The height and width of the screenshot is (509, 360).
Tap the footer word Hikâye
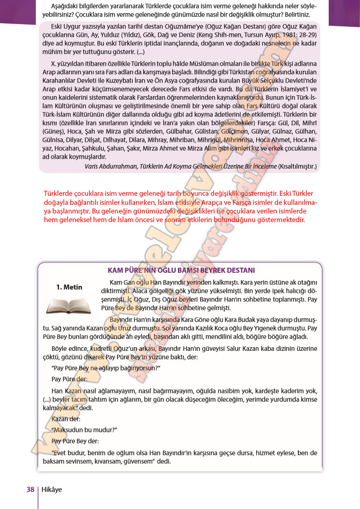(52, 489)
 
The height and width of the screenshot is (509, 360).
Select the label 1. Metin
(68, 286)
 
